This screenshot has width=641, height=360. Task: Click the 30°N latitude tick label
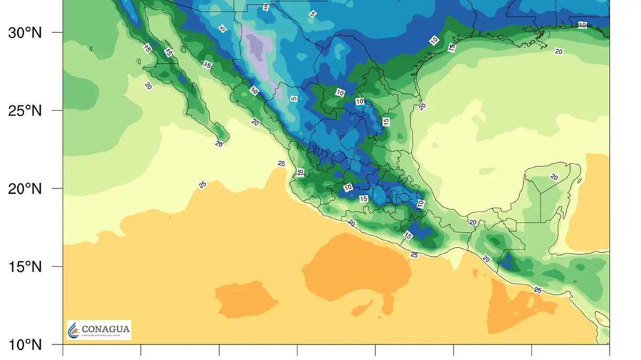[x=25, y=33]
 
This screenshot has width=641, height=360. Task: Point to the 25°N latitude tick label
[x=25, y=111]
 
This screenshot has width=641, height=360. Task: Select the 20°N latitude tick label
[x=25, y=189]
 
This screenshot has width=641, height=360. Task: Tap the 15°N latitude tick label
[x=25, y=267]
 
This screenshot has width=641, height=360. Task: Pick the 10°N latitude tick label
[x=25, y=345]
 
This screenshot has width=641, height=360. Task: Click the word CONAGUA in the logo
[x=106, y=329]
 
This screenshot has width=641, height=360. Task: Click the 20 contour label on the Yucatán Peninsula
[x=554, y=177]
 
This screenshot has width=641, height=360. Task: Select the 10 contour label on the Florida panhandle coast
[x=582, y=25]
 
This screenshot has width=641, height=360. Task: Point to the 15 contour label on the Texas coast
[x=451, y=48]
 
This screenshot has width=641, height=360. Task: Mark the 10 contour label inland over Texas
[x=434, y=40]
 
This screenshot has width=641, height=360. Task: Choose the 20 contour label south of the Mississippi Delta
[x=559, y=52]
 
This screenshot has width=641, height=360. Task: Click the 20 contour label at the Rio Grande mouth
[x=422, y=106]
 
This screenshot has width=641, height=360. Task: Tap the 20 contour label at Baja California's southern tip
[x=219, y=144]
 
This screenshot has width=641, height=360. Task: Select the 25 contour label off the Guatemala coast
[x=537, y=290]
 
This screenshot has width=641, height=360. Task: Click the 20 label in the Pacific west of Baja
[x=148, y=85]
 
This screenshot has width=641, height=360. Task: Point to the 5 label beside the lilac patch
[x=293, y=99]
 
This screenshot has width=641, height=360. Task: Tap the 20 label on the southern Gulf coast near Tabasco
[x=472, y=222]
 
